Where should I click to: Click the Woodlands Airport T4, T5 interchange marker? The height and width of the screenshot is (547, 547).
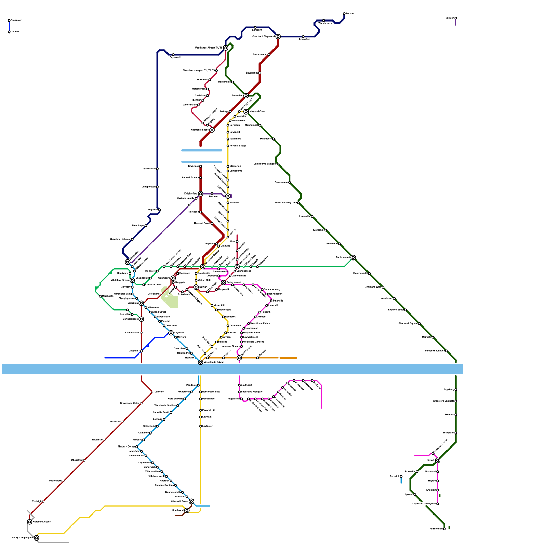[x=226, y=48]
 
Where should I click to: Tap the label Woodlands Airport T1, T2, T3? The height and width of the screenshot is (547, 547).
[x=199, y=71]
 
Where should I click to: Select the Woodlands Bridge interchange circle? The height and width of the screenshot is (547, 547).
[x=201, y=362]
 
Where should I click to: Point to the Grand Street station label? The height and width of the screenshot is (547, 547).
[x=159, y=312]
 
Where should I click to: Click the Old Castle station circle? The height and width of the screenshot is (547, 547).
[x=164, y=326]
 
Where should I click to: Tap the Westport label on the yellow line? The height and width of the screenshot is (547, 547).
[x=230, y=317]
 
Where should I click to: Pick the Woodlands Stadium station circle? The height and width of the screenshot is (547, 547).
[x=178, y=406]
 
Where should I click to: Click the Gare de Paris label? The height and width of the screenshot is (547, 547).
[x=175, y=399]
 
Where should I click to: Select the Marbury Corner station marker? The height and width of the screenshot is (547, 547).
[x=137, y=447]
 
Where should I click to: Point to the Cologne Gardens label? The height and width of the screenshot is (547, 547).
[x=164, y=485]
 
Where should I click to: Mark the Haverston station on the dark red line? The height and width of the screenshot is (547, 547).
[x=105, y=440]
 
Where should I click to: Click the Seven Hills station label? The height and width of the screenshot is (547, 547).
[x=252, y=73]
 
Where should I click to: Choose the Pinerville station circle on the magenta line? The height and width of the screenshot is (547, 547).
[x=271, y=301]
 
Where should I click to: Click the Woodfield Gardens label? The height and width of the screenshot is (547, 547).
[x=254, y=342]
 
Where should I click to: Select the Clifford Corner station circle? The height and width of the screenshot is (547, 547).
[x=144, y=285]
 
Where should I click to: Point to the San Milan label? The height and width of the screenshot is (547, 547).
[x=125, y=315]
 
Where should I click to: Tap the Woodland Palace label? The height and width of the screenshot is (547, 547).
[x=260, y=323]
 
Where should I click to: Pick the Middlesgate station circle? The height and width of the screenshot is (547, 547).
[x=216, y=310]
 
